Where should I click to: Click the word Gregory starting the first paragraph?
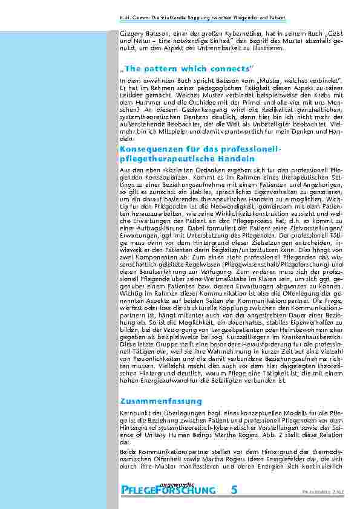pos(133,30)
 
